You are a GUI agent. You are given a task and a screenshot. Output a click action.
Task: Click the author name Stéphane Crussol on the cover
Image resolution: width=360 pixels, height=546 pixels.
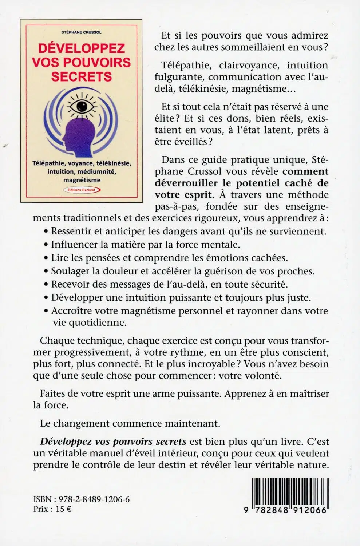click(81, 32)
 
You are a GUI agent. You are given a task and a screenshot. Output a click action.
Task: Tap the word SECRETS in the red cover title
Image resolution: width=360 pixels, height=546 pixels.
click(81, 77)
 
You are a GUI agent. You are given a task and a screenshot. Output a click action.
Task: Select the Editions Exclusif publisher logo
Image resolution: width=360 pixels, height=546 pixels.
click(82, 190)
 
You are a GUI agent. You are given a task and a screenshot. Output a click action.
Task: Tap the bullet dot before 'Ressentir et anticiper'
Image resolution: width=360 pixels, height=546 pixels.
click(46, 232)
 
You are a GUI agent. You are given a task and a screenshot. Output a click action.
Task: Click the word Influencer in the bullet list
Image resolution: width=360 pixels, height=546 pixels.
click(74, 245)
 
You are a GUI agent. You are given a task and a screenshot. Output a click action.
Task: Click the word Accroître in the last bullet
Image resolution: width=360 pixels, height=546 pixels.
click(71, 311)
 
